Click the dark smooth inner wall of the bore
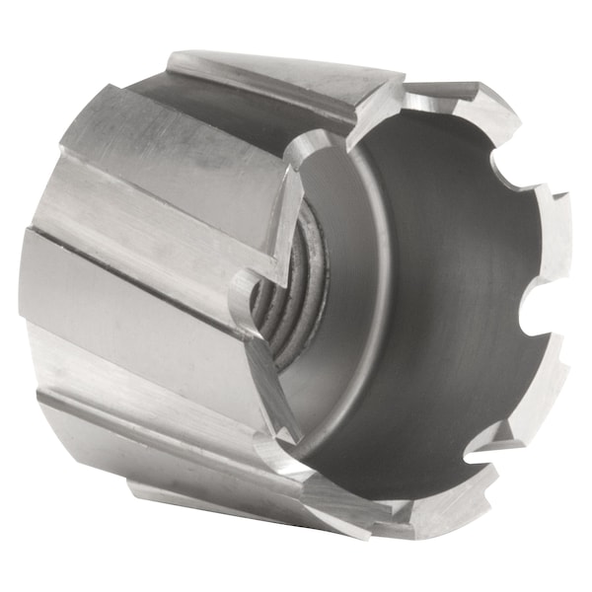(444, 296)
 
